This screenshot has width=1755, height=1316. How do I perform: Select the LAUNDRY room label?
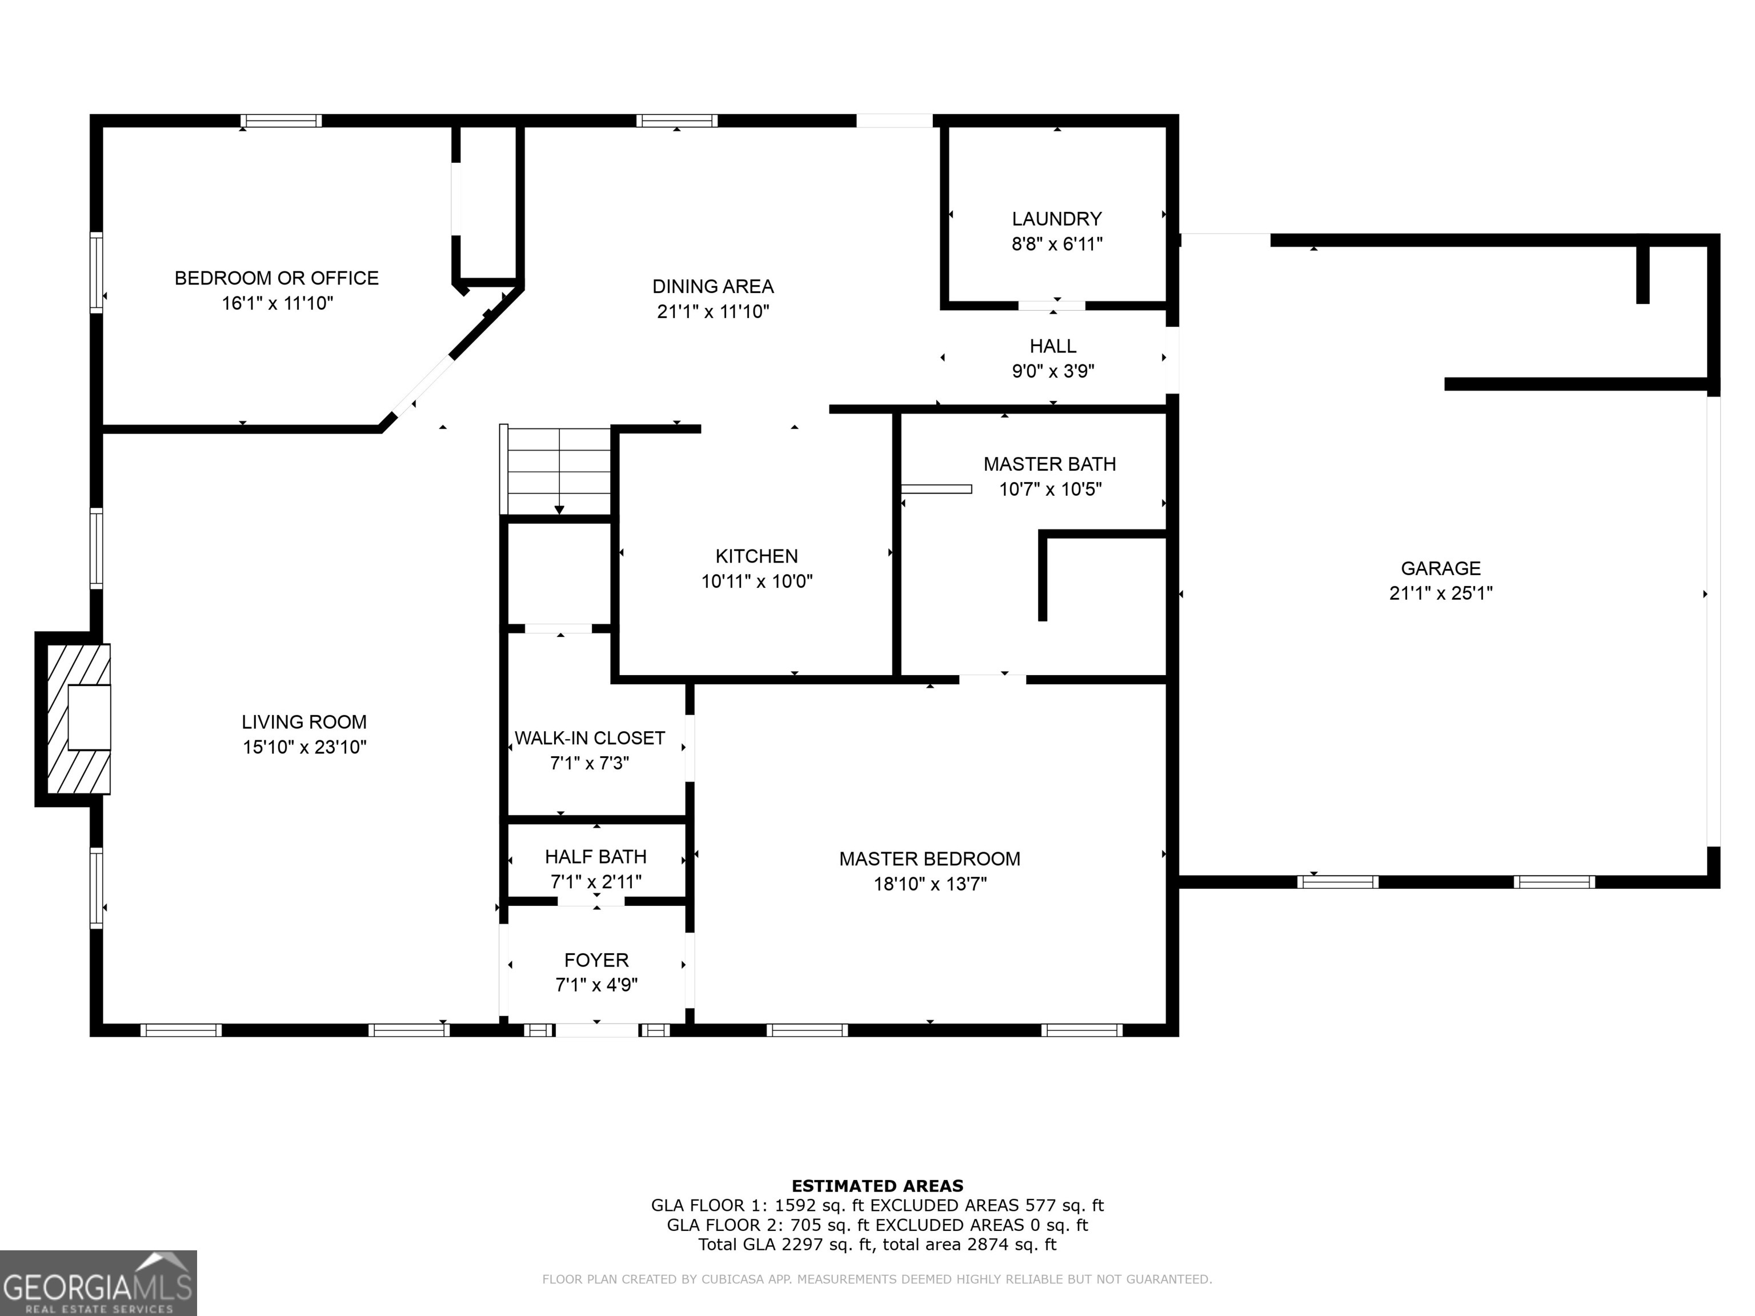1056,219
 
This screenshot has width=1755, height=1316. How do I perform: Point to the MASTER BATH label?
1049,464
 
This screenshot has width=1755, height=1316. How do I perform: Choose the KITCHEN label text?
756,556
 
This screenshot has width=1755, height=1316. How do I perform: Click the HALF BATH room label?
595,857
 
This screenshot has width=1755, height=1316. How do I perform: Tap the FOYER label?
596,960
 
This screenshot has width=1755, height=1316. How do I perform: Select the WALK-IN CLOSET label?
590,739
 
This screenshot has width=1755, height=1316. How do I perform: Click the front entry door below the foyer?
596,1030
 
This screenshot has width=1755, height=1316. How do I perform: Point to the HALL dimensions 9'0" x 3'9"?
1053,371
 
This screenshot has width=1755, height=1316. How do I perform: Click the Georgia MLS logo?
98,1283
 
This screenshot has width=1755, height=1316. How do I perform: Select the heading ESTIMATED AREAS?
877,1186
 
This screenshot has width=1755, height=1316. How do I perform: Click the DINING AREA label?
712,286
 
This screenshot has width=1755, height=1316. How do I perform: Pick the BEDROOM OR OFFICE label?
276,278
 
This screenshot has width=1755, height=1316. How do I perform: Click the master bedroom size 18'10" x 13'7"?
930,884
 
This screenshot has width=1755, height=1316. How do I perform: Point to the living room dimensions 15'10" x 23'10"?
304,747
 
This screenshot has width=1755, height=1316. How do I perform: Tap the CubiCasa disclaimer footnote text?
877,1279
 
